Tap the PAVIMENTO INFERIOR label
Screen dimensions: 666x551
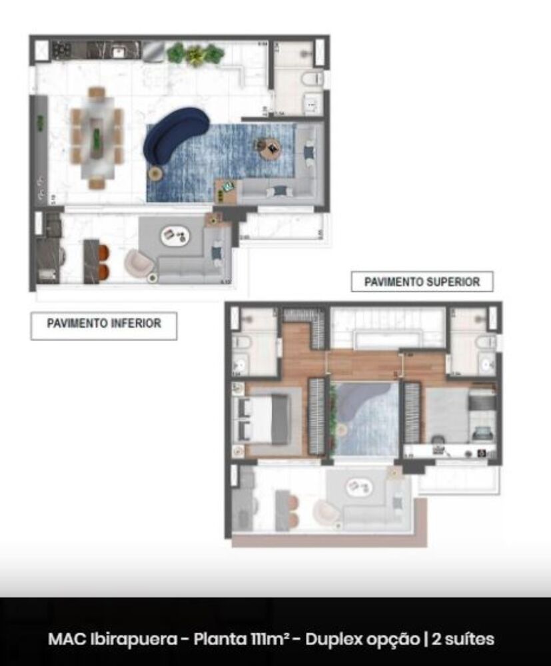[x=104, y=324]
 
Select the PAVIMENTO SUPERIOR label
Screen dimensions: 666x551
[x=422, y=282]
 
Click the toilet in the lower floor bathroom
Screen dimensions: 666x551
[x=311, y=80]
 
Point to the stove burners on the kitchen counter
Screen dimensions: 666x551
[x=63, y=50]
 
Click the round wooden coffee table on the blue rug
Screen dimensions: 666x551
[x=272, y=147]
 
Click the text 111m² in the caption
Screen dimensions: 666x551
[x=269, y=639]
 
